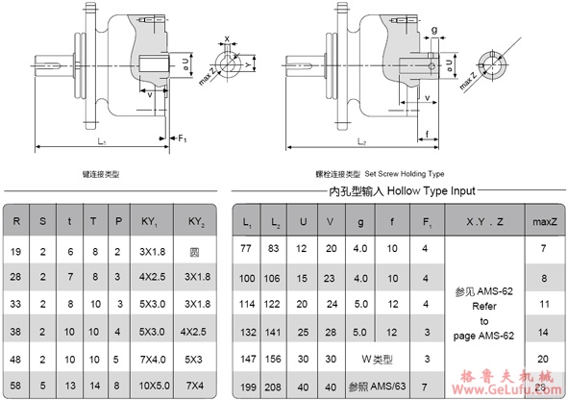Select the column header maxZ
click(x=545, y=222)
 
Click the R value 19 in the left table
click(x=17, y=249)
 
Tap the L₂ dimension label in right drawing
click(x=361, y=141)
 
